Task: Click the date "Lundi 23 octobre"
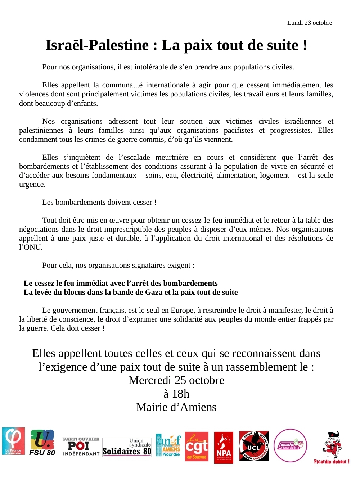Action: click(x=309, y=23)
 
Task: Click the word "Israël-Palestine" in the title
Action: click(x=97, y=45)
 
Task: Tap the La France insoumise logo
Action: click(x=13, y=441)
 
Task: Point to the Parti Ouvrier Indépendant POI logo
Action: click(x=81, y=447)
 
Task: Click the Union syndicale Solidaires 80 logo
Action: click(x=127, y=447)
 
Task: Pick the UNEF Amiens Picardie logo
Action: click(x=168, y=445)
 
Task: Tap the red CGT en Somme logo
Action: click(x=197, y=446)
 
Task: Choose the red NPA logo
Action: click(x=224, y=448)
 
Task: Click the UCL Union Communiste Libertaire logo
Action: click(x=254, y=446)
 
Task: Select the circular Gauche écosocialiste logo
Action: click(x=291, y=445)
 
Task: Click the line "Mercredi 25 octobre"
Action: click(x=176, y=380)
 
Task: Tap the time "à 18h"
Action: click(x=176, y=394)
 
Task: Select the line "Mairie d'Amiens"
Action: click(x=176, y=407)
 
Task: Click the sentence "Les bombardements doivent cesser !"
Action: click(x=99, y=202)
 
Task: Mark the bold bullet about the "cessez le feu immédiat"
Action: click(x=118, y=283)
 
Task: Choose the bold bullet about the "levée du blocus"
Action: click(x=129, y=292)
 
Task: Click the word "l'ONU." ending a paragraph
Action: click(x=31, y=247)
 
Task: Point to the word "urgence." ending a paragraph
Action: click(x=32, y=184)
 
